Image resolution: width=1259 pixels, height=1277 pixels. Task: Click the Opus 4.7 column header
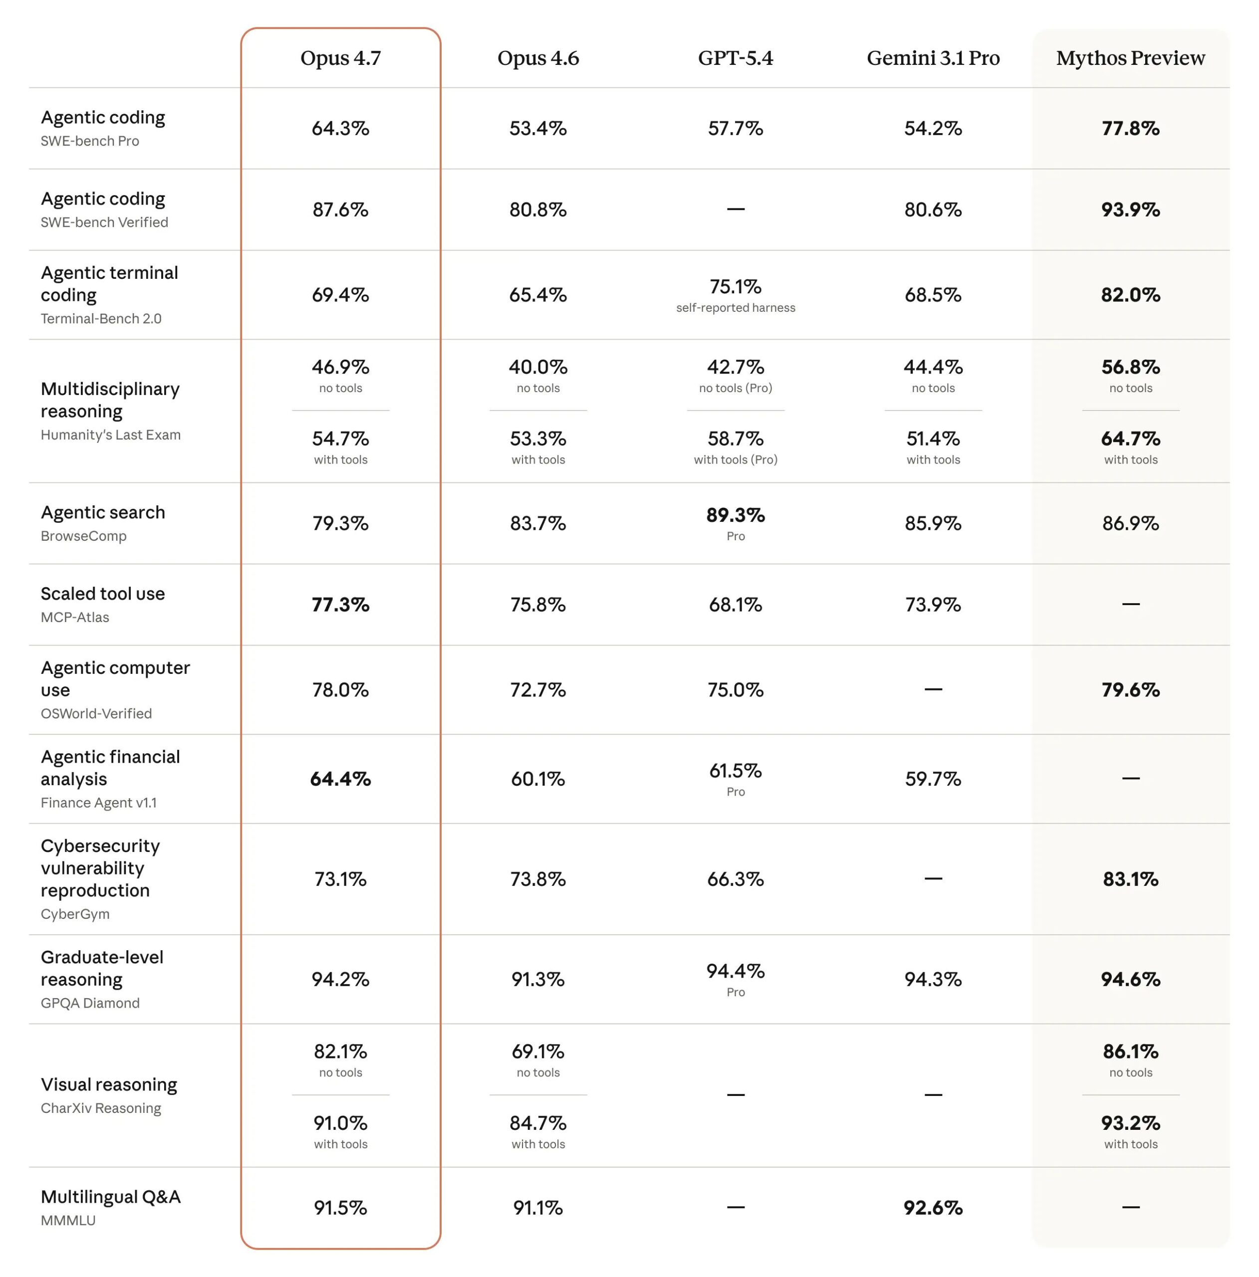click(340, 58)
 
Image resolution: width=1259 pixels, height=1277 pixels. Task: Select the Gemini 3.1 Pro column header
click(933, 58)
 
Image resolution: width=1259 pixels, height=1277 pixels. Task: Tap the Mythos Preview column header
click(1130, 58)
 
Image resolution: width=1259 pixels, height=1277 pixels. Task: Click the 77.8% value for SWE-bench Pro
click(1130, 128)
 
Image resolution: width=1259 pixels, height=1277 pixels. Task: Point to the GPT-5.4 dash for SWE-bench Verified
click(736, 210)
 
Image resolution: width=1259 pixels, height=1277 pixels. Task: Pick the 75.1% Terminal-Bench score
click(736, 287)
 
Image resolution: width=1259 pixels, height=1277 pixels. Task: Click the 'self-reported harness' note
click(736, 308)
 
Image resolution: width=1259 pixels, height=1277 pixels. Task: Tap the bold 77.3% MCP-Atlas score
click(340, 605)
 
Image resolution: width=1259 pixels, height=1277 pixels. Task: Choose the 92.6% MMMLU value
click(933, 1208)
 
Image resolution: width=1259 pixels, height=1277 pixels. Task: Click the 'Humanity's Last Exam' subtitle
click(110, 435)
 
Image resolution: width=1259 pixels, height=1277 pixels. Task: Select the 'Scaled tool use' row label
click(102, 594)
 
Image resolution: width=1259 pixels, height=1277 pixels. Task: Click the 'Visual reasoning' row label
click(108, 1084)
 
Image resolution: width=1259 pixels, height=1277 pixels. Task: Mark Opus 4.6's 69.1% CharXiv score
click(537, 1052)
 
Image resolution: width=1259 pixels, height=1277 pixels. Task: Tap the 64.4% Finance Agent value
click(340, 779)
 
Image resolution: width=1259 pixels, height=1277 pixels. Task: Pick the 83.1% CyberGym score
click(1130, 879)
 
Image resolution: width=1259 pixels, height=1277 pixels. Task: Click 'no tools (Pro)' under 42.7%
click(736, 389)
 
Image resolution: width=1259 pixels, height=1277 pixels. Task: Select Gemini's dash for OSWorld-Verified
click(933, 689)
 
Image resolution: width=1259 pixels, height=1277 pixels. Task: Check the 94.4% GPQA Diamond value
click(736, 971)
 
